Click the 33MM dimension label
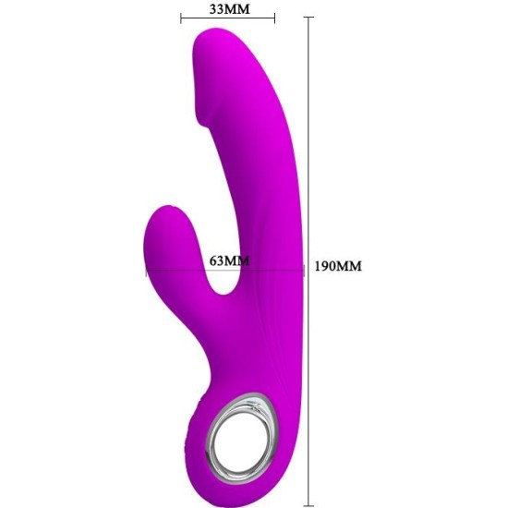pyautogui.click(x=229, y=8)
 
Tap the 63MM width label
pyautogui.click(x=229, y=260)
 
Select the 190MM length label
pyautogui.click(x=338, y=266)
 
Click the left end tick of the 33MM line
pyautogui.click(x=181, y=18)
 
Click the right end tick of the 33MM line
pyautogui.click(x=274, y=18)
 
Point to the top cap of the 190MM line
pyautogui.click(x=308, y=17)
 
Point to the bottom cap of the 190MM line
pyautogui.click(x=308, y=505)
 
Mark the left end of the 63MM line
pyautogui.click(x=146, y=271)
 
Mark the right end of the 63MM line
pyautogui.click(x=304, y=271)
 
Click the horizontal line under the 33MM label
pyautogui.click(x=228, y=18)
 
